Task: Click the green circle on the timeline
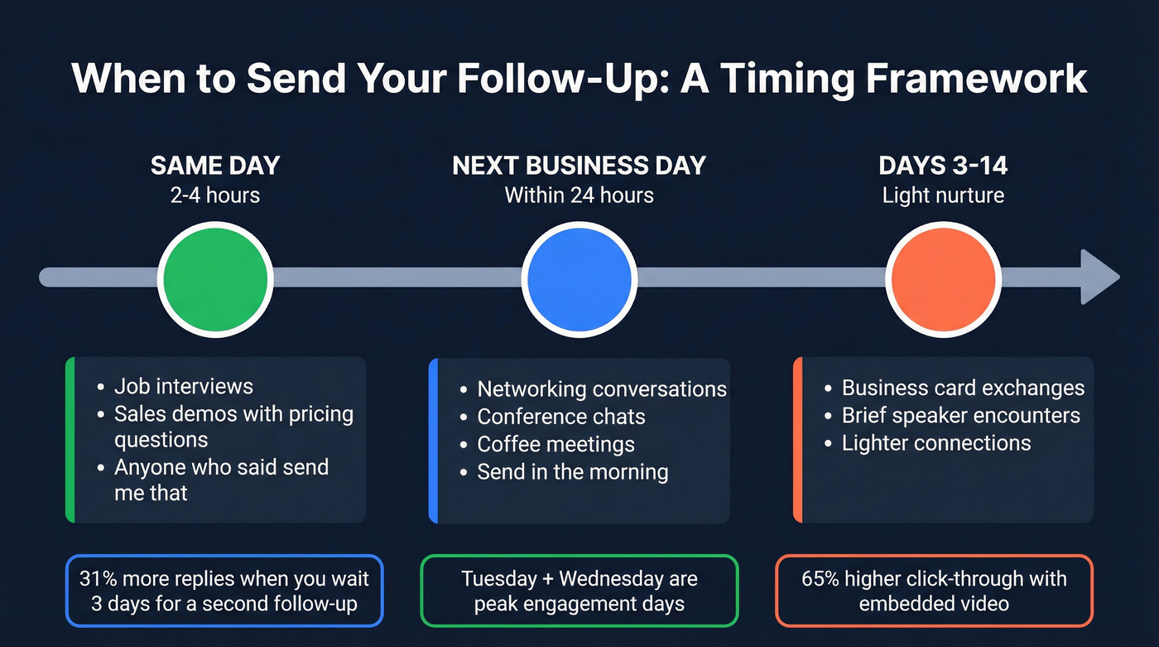[x=215, y=278]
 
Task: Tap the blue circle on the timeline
[x=579, y=278]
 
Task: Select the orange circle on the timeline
[x=944, y=278]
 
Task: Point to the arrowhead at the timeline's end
[x=1099, y=278]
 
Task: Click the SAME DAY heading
[x=215, y=165]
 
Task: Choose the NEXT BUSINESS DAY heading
[x=579, y=165]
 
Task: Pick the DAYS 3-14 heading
[x=944, y=165]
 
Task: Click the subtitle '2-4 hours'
[x=215, y=196]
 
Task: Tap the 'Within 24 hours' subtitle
[x=579, y=196]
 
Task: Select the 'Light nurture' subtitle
[x=944, y=196]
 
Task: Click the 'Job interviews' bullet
[x=183, y=386]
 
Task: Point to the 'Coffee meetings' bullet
[x=555, y=444]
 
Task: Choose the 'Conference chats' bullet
[x=560, y=417]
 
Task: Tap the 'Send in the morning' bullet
[x=572, y=472]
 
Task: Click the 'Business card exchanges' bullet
[x=963, y=388]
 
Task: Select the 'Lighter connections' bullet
[x=936, y=443]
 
